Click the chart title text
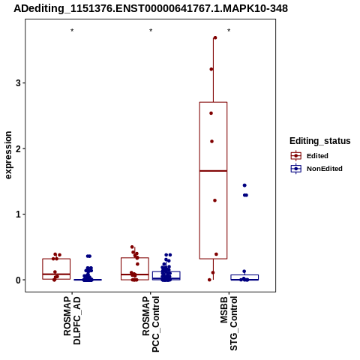(x=151, y=8)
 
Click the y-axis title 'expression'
(x=8, y=155)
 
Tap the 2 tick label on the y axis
(x=18, y=148)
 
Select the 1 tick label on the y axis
(x=18, y=214)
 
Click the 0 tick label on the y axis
(x=18, y=280)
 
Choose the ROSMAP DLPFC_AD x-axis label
(x=72, y=321)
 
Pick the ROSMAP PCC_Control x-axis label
(x=151, y=324)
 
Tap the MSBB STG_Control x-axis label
(x=229, y=323)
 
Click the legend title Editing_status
(x=320, y=141)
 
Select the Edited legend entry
(x=310, y=156)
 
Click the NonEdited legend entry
(x=316, y=169)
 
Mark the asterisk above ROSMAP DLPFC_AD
(x=72, y=31)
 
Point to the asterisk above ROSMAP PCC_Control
(x=151, y=31)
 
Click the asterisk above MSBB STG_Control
(x=229, y=31)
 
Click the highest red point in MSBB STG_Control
(x=215, y=37)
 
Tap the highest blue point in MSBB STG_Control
(x=244, y=185)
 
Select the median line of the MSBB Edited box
(x=213, y=171)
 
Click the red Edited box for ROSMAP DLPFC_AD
(x=56, y=259)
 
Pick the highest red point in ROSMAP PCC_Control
(x=132, y=247)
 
